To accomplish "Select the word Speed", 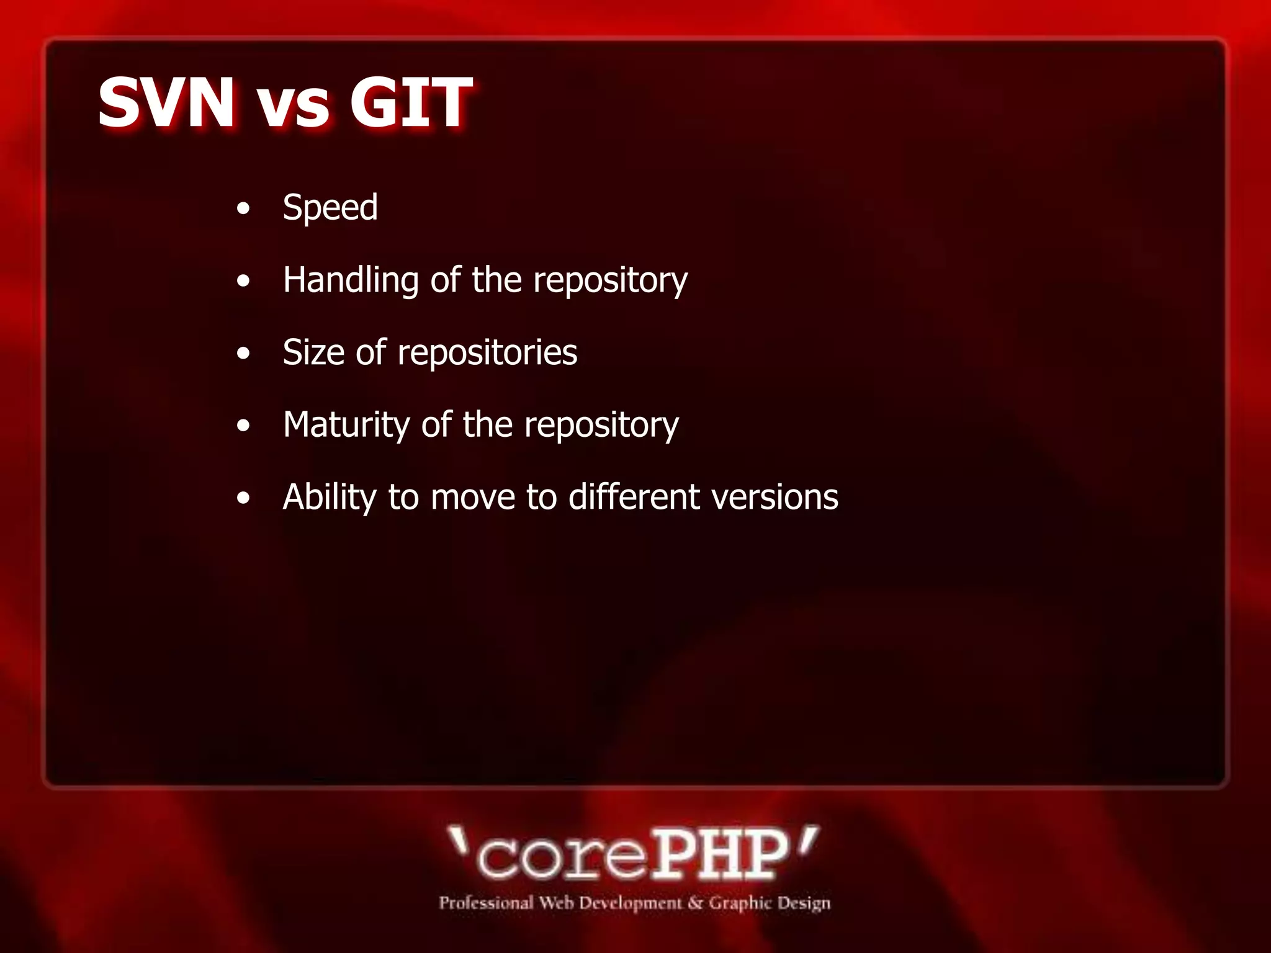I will pyautogui.click(x=330, y=208).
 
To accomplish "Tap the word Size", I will pyautogui.click(x=313, y=352).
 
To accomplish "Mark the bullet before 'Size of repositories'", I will pyautogui.click(x=243, y=354).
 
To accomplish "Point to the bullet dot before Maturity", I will pyautogui.click(x=243, y=426).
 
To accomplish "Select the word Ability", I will pyautogui.click(x=330, y=498).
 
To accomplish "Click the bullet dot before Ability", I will pyautogui.click(x=243, y=498).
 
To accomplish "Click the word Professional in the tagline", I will pyautogui.click(x=486, y=903).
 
